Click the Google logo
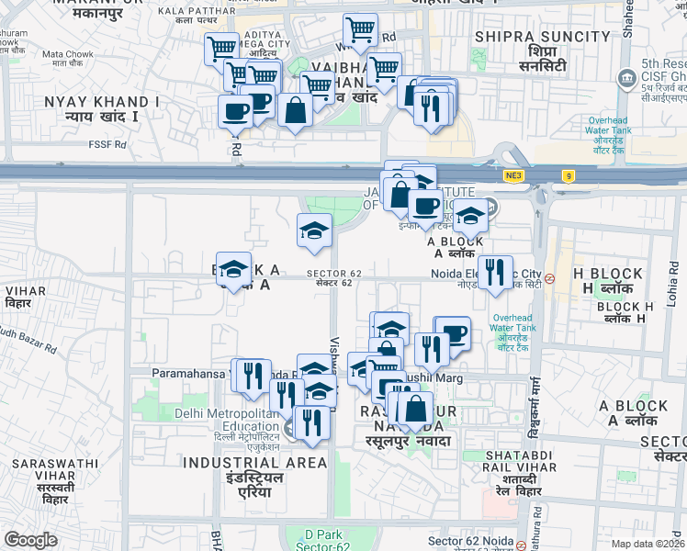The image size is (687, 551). click(30, 540)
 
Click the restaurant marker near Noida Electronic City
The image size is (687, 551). click(494, 272)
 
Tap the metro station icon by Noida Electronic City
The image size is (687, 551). click(549, 278)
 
